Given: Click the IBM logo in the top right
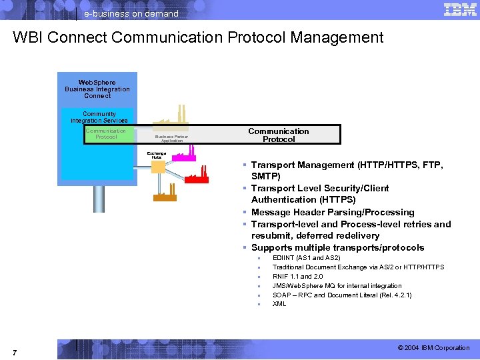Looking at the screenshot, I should [x=459, y=9].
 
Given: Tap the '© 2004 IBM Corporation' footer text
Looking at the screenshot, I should [x=433, y=348].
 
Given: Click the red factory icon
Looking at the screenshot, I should [x=197, y=177].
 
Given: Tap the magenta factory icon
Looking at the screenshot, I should [x=183, y=155].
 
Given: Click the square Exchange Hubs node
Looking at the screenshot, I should [x=158, y=167].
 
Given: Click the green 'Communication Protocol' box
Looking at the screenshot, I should [x=106, y=134].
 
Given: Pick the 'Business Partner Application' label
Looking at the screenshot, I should [x=171, y=139].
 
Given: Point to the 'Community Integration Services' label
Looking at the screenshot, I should [x=99, y=117].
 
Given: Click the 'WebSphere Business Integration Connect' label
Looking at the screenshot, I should [x=97, y=89].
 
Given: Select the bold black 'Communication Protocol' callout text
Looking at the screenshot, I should [x=279, y=135].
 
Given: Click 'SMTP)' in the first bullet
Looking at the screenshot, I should [x=266, y=177].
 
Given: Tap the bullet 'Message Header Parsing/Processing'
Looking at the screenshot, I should [x=333, y=212].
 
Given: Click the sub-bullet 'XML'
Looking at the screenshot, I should [x=279, y=304].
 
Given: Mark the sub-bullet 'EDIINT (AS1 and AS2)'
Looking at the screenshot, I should [x=306, y=257].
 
